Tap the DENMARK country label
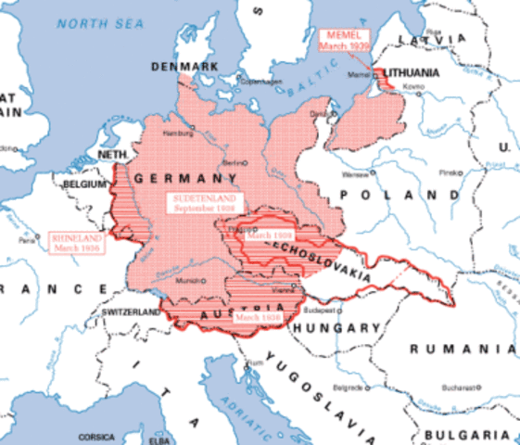[186, 67]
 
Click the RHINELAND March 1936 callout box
[78, 243]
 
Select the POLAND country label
[379, 195]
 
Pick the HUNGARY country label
[335, 327]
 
